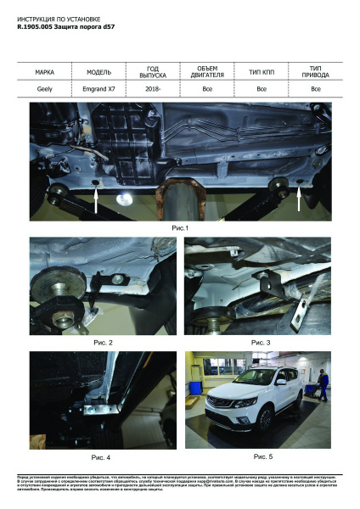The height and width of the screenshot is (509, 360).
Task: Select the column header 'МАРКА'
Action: point(45,71)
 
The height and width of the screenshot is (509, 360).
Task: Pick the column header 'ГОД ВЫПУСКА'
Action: point(153,71)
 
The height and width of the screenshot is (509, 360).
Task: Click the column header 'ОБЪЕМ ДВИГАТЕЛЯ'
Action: point(207,71)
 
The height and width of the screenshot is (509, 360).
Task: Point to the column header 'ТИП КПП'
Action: point(262,71)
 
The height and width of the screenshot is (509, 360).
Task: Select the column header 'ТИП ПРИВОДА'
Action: point(316,71)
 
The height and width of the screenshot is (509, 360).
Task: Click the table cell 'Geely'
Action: point(45,88)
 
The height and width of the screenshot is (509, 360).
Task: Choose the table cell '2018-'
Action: point(153,88)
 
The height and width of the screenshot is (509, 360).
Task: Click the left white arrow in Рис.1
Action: point(96,199)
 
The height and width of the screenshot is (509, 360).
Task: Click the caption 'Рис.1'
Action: point(180,228)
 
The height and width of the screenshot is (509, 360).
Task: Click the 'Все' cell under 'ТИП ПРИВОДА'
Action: point(316,88)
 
